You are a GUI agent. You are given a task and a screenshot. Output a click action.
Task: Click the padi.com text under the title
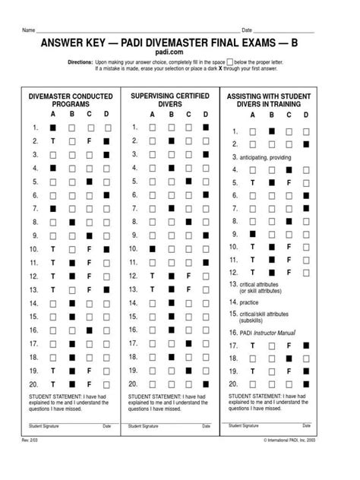pyautogui.click(x=179, y=55)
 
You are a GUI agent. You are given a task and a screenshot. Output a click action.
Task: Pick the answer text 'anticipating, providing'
pyautogui.click(x=264, y=156)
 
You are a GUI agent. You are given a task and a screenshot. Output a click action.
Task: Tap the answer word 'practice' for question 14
pyautogui.click(x=251, y=301)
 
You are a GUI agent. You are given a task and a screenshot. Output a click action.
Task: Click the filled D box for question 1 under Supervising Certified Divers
pyautogui.click(x=206, y=127)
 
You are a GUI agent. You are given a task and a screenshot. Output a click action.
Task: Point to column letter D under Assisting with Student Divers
pyautogui.click(x=305, y=115)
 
